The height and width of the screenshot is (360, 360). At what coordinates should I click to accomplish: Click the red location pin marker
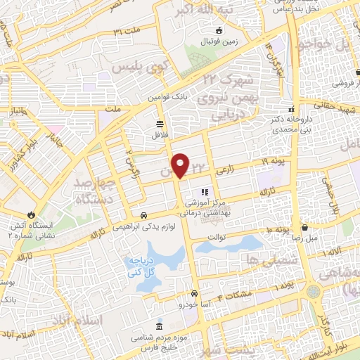[181, 165]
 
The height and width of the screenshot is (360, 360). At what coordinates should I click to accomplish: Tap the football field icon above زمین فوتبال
[219, 30]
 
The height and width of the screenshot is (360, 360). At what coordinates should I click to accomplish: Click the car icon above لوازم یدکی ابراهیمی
[144, 215]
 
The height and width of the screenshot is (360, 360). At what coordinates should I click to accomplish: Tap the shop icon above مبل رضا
[304, 228]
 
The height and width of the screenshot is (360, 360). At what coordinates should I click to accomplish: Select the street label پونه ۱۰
[277, 231]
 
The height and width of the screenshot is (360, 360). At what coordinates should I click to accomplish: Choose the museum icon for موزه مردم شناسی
[159, 328]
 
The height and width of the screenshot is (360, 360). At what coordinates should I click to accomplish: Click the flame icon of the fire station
[32, 214]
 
